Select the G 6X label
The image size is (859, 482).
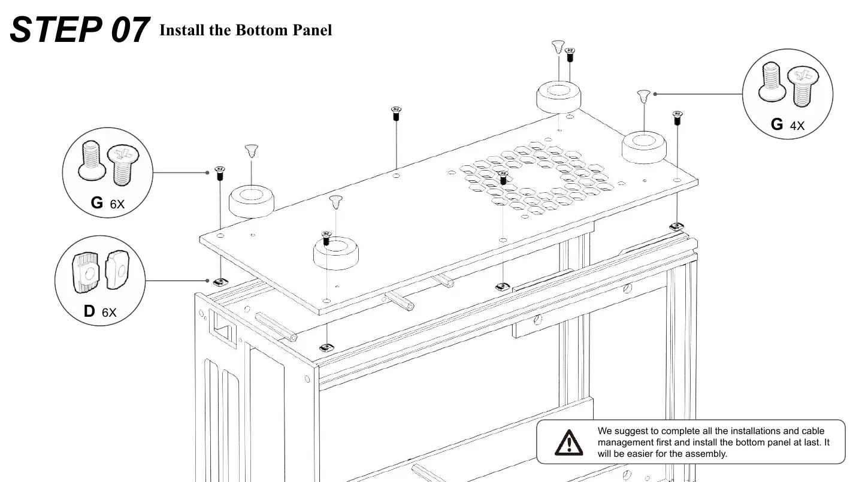coord(107,203)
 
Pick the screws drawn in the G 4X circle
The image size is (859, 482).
coord(787,89)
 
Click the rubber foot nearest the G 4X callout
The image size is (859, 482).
coord(644,147)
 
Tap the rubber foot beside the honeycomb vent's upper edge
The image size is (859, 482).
coord(558,96)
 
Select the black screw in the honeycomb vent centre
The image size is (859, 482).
coord(503,177)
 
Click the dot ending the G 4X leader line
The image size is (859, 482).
coord(656,94)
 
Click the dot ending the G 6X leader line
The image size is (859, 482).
coord(207,172)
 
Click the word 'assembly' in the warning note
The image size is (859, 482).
coord(708,453)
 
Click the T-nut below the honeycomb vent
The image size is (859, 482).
coord(503,286)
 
